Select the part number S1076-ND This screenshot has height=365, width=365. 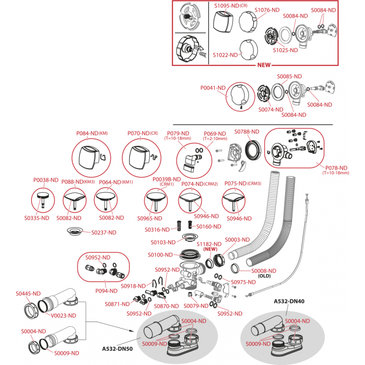point(267,10)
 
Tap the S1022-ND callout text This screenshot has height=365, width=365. point(225,55)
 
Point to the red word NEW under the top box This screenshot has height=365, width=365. point(264,65)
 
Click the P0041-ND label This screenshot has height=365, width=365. point(213,87)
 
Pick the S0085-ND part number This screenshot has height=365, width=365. point(289,76)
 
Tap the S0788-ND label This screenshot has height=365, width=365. point(247,132)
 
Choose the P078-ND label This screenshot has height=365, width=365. point(336,167)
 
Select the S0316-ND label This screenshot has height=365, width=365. point(157,230)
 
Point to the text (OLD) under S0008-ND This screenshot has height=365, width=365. point(264,277)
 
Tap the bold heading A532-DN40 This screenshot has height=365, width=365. point(289,301)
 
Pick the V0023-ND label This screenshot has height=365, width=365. point(63,315)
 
